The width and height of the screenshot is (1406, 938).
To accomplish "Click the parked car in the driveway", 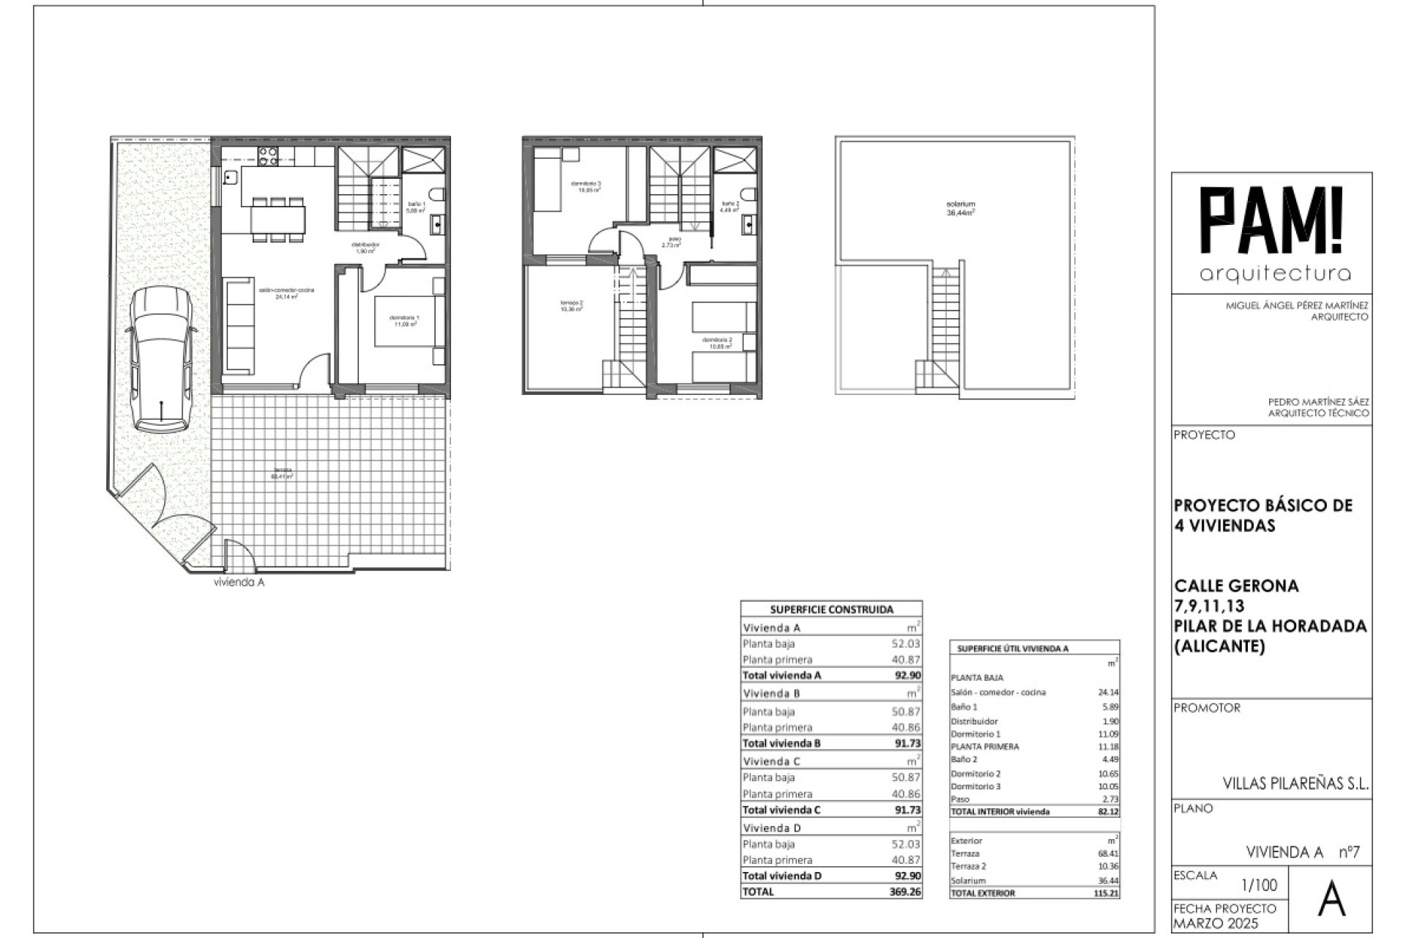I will tap(160, 359).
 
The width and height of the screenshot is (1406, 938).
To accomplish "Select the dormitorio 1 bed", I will tap(406, 320).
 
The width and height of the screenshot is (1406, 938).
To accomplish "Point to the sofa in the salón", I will tap(239, 325).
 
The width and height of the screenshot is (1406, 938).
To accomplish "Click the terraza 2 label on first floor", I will tap(571, 306).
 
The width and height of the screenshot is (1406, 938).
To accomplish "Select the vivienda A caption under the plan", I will tap(239, 583).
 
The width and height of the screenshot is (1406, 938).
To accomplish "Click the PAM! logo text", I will tap(1274, 222).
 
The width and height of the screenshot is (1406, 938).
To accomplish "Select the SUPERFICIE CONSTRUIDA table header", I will tap(831, 609).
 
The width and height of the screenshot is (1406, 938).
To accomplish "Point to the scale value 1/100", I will tap(1260, 885).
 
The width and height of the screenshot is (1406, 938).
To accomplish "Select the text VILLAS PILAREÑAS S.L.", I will tap(1295, 783).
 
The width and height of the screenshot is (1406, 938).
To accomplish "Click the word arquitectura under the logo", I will tap(1275, 274).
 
